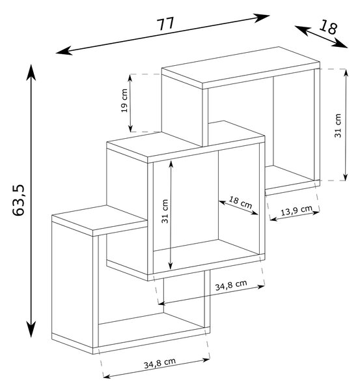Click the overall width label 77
point(165,24)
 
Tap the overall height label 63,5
point(18,200)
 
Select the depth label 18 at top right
point(328,27)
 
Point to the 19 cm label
point(124,100)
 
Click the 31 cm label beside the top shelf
point(338,125)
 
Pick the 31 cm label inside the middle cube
point(165,211)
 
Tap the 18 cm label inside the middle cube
point(240,203)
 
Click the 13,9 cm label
point(296,211)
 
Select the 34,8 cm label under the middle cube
point(231,285)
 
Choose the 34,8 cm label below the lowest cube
point(159,363)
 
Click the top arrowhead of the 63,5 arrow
point(31,72)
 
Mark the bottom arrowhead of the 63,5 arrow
point(31,329)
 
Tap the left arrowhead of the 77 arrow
point(64,51)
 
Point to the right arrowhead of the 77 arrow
point(261,18)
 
